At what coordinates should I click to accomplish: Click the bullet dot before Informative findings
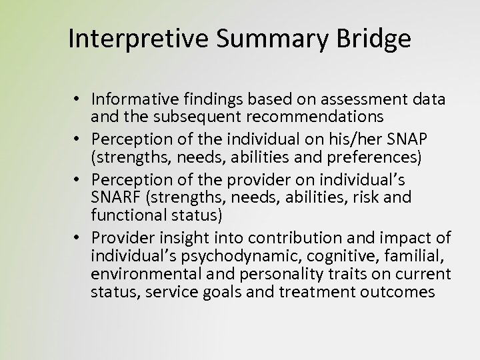pyautogui.click(x=78, y=100)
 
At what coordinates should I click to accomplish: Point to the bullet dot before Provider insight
pyautogui.click(x=78, y=238)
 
